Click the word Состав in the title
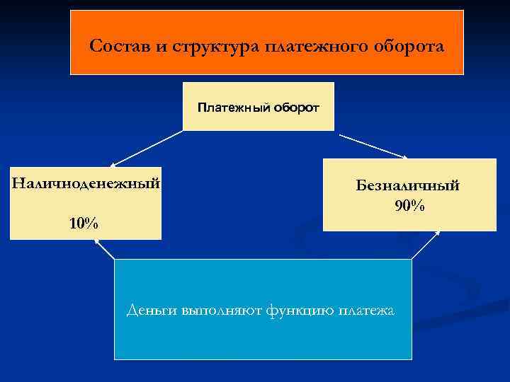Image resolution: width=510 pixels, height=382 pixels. coord(116,47)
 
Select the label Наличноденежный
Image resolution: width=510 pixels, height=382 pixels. coord(86,184)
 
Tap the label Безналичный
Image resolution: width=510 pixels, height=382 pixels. coord(409,185)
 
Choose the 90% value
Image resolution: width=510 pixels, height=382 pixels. coord(409,206)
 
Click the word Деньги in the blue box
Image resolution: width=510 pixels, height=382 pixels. coord(151,310)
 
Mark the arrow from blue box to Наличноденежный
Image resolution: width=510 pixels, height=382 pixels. coord(104,248)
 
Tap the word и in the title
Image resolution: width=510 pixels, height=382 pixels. coord(161,47)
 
